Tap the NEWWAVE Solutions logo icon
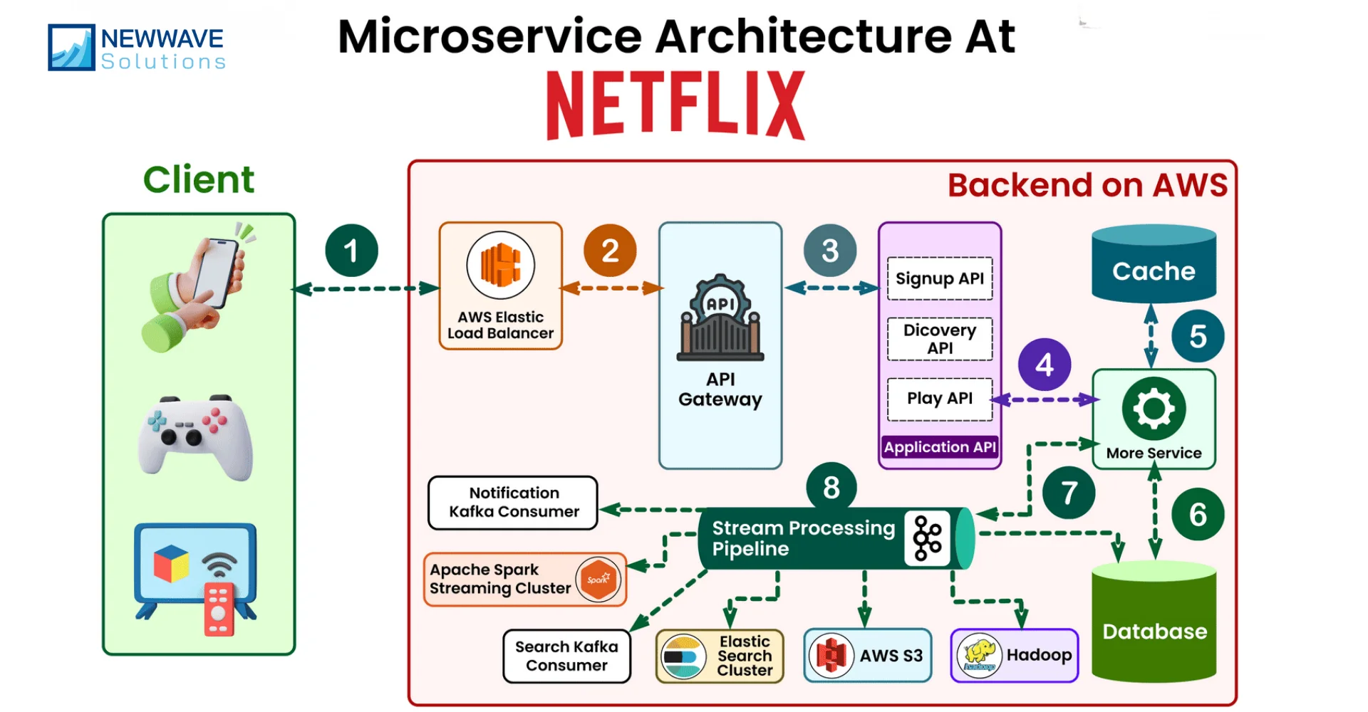tap(71, 48)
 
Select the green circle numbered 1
tap(351, 251)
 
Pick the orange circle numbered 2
tap(609, 251)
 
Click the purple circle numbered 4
tap(1044, 365)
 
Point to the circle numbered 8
tap(831, 488)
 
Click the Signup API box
tap(939, 278)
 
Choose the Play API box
tap(939, 399)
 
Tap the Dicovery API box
tap(939, 339)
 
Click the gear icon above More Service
tap(1154, 409)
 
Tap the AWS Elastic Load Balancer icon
tap(500, 265)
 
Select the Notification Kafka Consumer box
tap(513, 503)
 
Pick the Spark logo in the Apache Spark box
tap(598, 579)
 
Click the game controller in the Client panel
tap(195, 436)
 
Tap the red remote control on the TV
tap(219, 609)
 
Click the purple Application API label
tap(939, 447)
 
